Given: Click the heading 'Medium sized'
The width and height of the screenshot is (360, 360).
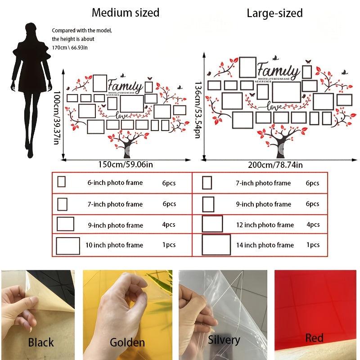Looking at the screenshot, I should click(x=126, y=13).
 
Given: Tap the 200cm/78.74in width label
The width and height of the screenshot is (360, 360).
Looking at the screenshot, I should click(x=275, y=165).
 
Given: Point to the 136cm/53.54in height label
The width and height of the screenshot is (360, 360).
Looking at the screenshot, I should click(x=198, y=110).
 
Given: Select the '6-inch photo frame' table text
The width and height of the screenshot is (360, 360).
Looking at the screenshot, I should click(x=115, y=183).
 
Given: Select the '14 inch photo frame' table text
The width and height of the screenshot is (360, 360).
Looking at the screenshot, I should click(x=265, y=245).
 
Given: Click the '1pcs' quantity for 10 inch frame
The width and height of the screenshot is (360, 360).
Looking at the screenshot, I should click(x=169, y=245).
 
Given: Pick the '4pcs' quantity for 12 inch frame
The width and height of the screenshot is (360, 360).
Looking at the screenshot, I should click(x=313, y=225).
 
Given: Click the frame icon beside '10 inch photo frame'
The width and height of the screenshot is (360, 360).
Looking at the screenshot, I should click(x=68, y=245).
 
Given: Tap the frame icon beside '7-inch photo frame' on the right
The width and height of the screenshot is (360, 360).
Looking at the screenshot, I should click(x=207, y=183).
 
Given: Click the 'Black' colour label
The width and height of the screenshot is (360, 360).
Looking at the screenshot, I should click(x=41, y=342).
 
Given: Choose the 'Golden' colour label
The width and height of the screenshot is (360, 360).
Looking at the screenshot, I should click(x=127, y=342).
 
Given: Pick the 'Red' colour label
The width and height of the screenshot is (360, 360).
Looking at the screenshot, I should click(x=314, y=337).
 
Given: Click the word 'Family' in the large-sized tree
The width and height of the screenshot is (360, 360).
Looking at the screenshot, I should click(x=279, y=72).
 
